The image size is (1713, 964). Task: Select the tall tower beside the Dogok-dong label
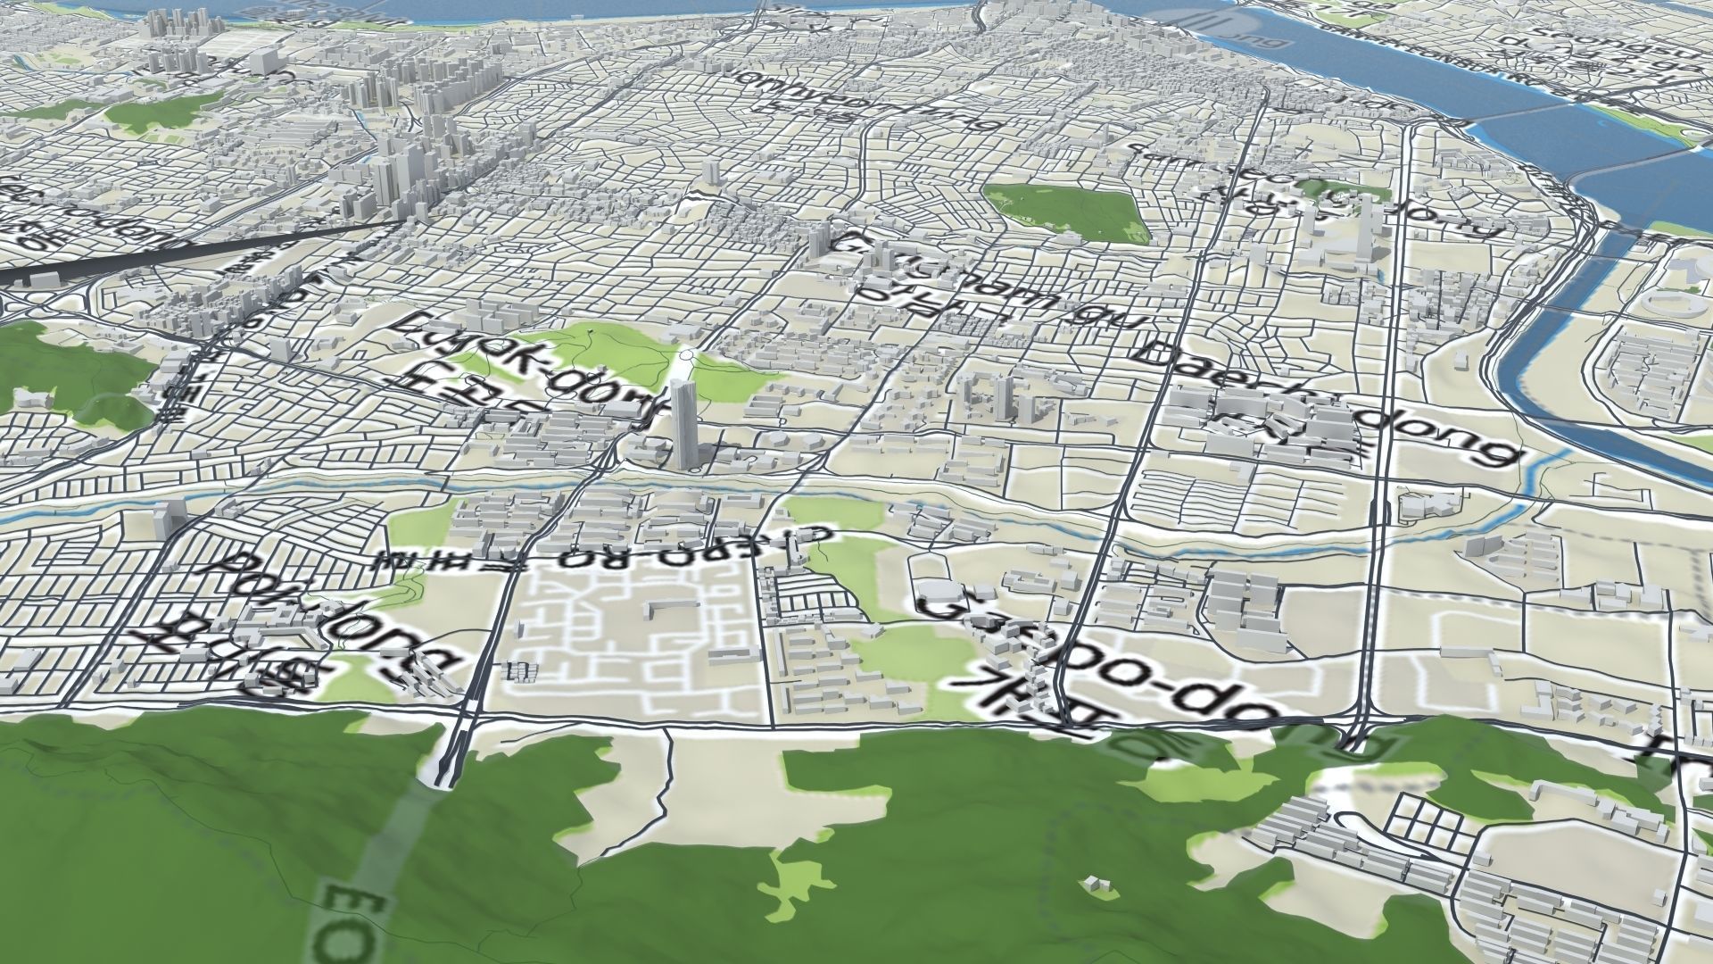pyautogui.click(x=685, y=424)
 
